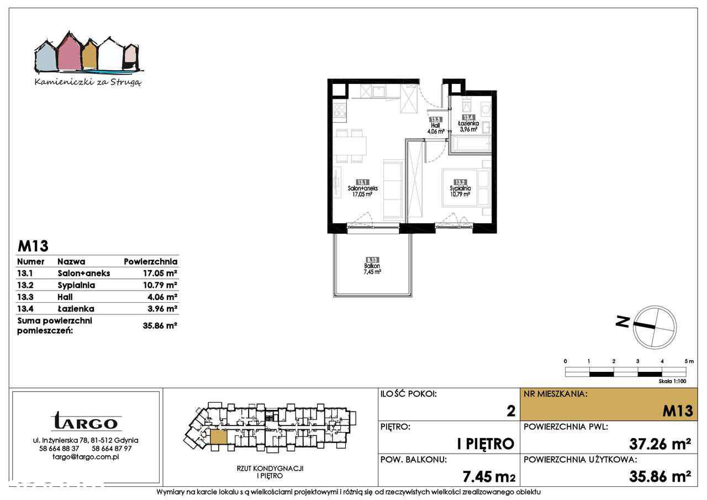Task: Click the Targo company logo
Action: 86,422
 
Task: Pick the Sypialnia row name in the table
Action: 76,285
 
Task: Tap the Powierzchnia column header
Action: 150,261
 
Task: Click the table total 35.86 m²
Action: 160,325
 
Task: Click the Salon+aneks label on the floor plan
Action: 362,188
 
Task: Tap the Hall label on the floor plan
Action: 435,125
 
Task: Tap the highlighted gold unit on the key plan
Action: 218,436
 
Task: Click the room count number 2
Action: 510,410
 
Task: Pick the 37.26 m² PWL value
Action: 661,443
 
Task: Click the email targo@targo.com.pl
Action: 86,457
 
